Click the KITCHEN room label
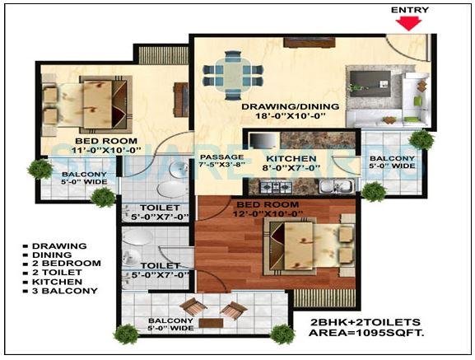pyautogui.click(x=292, y=157)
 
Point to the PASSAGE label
pyautogui.click(x=221, y=157)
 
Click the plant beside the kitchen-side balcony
pyautogui.click(x=374, y=191)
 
